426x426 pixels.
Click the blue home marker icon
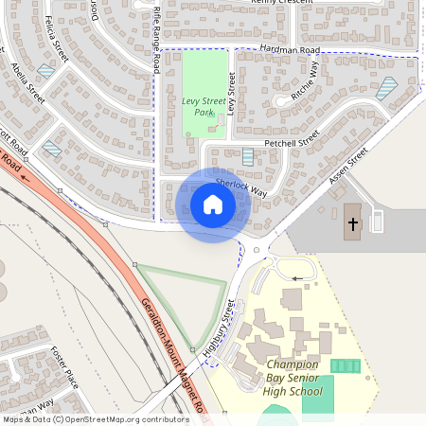pyautogui.click(x=213, y=204)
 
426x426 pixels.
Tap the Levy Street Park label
pyautogui.click(x=198, y=106)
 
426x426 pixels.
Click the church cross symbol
pyautogui.click(x=353, y=224)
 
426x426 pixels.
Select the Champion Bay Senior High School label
pyautogui.click(x=299, y=378)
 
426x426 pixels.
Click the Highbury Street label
pyautogui.click(x=219, y=327)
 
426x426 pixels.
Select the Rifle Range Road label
pyautogui.click(x=156, y=38)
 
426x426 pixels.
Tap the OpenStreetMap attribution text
pyautogui.click(x=95, y=419)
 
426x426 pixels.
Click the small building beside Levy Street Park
pyautogui.click(x=222, y=120)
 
